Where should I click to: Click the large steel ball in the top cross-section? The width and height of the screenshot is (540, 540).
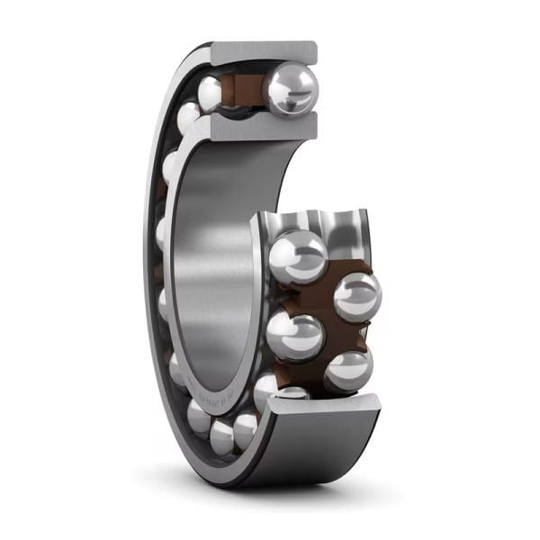point(290,88)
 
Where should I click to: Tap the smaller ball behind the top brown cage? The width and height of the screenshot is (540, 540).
point(213,91)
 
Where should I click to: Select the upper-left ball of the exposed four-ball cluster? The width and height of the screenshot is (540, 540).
point(297,256)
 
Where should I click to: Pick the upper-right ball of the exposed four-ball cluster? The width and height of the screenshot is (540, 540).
point(356,295)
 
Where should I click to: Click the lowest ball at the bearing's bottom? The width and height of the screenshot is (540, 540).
point(245,431)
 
